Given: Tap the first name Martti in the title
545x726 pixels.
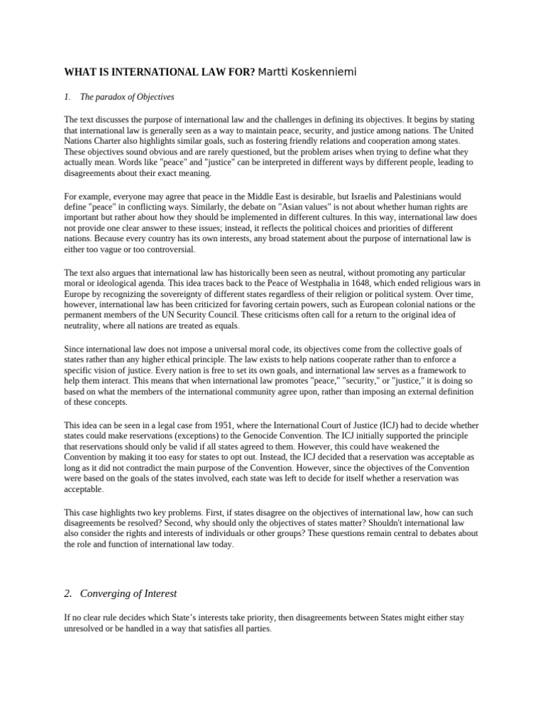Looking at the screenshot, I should pos(275,72).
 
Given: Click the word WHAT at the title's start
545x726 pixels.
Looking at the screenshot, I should pos(80,72).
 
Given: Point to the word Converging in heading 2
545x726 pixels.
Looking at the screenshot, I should pos(111,593).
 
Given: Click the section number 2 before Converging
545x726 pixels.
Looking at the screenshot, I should pos(68,593).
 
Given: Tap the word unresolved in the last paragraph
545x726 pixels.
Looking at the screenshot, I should pos(88,628).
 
